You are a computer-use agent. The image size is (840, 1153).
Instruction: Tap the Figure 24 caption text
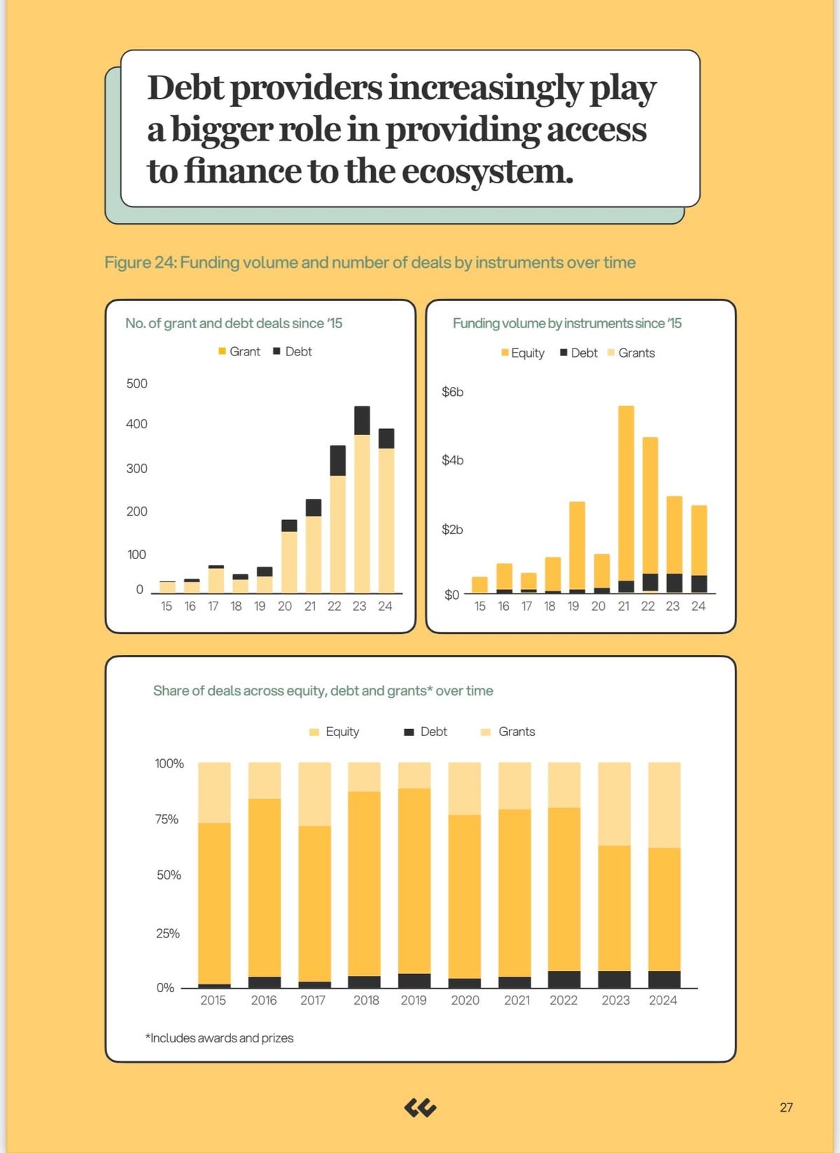coord(370,262)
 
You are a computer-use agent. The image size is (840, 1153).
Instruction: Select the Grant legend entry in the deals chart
coord(239,351)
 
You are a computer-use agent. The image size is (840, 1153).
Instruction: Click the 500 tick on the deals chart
coord(136,383)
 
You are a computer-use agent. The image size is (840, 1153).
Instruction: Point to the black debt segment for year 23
coord(362,420)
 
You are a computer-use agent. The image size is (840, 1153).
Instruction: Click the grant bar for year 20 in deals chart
coord(289,562)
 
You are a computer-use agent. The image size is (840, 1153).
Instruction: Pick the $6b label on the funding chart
coord(452,392)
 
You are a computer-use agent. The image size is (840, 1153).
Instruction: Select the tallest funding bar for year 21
coord(626,493)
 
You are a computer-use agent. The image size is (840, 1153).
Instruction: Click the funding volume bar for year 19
coord(577,546)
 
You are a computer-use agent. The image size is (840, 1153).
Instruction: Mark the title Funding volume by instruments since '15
coord(566,323)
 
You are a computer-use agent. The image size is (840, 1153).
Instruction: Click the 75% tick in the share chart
coord(167,819)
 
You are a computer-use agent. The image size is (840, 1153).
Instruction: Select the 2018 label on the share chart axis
coord(366,1000)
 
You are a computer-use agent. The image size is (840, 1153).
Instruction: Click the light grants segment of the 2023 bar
coord(614,804)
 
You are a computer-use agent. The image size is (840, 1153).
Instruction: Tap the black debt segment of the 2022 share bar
coord(563,979)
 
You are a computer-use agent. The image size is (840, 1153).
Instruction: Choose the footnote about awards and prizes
coord(219,1038)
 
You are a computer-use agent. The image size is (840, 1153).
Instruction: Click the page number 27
coord(786,1108)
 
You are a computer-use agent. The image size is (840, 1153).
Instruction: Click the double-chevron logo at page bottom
coord(420,1108)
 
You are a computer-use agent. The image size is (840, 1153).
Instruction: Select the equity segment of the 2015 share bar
coord(214,903)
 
